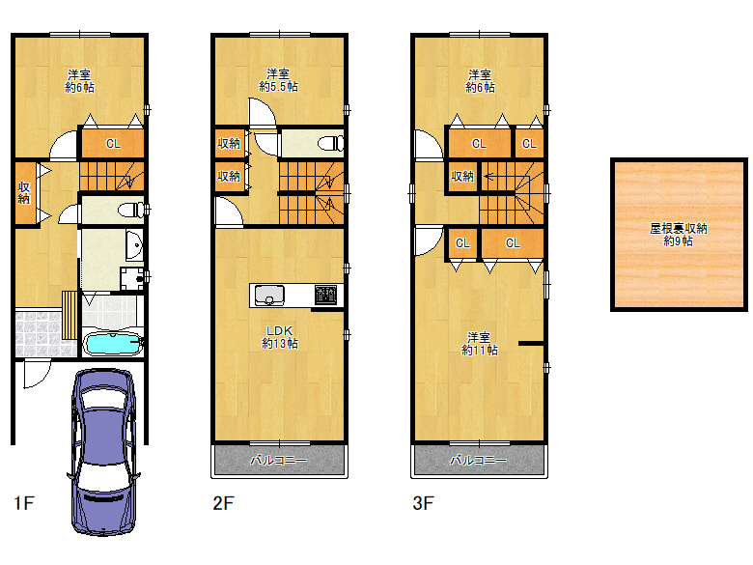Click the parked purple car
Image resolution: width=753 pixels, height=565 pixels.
[103, 452]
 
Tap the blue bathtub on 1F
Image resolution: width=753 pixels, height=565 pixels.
[113, 345]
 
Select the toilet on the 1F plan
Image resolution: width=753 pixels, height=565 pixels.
[131, 210]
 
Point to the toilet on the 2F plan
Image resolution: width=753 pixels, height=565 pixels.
[331, 143]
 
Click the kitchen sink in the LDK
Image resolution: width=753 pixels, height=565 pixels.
[269, 296]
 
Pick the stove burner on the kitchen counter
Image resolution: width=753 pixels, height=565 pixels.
[326, 295]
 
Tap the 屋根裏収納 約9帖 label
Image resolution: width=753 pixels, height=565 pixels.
[678, 235]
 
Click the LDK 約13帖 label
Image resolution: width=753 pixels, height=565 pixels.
[280, 337]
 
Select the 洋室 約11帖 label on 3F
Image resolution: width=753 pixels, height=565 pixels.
[479, 344]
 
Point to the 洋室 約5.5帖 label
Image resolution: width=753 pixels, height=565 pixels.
[278, 80]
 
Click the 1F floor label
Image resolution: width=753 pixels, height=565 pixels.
[24, 503]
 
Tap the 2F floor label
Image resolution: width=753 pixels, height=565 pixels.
[223, 503]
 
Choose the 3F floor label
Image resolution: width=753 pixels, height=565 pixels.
[423, 503]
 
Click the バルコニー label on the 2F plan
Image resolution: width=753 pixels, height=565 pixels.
[279, 461]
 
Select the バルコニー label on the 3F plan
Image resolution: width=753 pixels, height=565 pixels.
[478, 461]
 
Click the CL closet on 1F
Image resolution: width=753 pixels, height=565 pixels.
[113, 143]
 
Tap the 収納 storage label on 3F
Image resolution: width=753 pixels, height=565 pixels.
[462, 177]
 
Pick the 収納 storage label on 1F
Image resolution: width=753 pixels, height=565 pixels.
[24, 192]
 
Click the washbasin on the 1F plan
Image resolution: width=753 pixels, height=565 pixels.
[134, 245]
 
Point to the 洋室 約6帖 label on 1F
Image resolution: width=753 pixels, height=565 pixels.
[79, 81]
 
